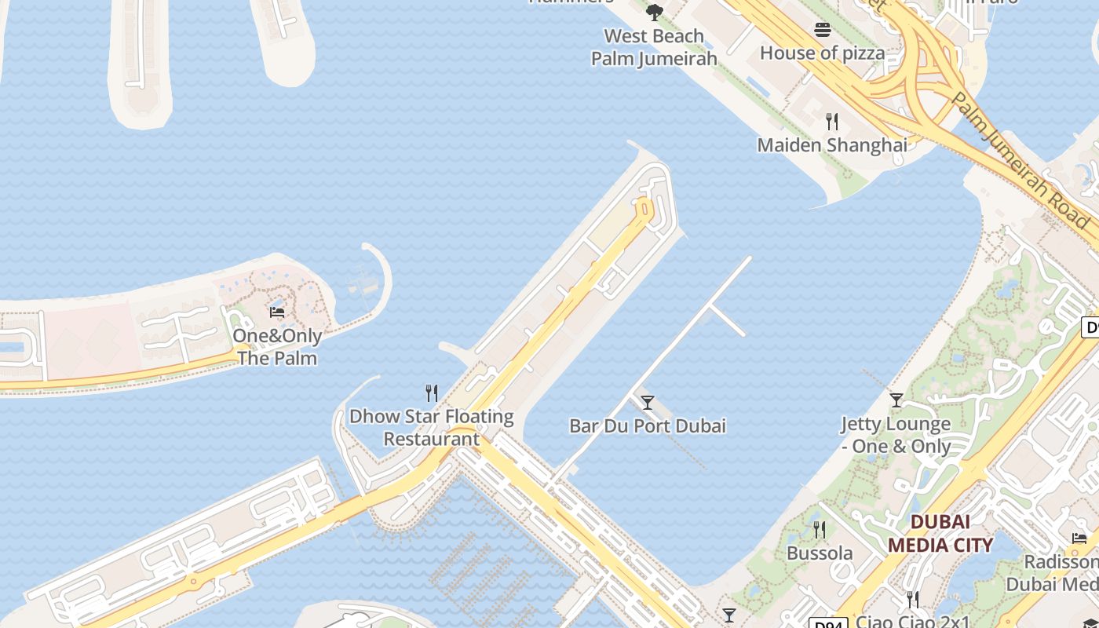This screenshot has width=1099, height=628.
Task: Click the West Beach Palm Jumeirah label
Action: (654, 47)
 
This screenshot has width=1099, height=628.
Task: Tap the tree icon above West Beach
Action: (654, 13)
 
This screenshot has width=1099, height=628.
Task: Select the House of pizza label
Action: (822, 53)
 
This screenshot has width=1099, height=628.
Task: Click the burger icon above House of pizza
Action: (822, 30)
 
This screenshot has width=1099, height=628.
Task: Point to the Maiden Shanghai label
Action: (832, 145)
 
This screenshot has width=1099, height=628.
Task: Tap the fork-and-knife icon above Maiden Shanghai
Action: (832, 122)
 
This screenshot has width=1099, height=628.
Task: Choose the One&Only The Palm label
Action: (277, 347)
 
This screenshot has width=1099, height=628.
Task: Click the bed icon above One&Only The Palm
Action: (277, 312)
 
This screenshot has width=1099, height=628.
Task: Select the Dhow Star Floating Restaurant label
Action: (431, 427)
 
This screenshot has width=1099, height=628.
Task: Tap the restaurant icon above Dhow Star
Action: (431, 392)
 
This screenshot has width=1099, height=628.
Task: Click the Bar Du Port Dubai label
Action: (648, 426)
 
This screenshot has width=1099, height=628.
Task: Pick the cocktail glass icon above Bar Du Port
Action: (648, 403)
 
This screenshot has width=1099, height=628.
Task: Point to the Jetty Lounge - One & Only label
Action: (896, 435)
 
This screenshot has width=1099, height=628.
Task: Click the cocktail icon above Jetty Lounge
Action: (896, 400)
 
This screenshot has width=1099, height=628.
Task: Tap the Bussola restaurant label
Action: (820, 553)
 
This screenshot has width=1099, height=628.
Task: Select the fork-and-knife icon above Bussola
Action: (820, 530)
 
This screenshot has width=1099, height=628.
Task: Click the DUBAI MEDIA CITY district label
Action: (940, 533)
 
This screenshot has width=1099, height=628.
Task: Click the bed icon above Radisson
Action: (1079, 539)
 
